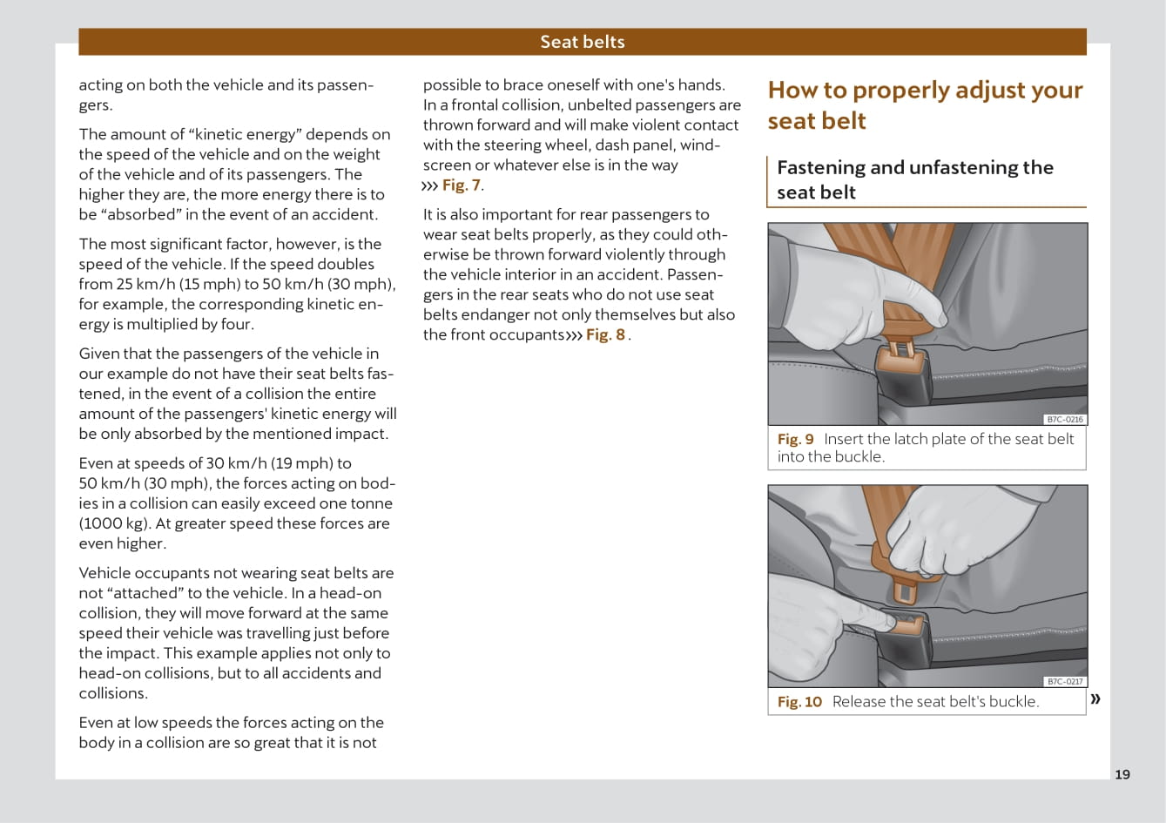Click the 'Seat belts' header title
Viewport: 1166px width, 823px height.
point(582,42)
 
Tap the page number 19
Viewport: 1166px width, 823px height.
point(1122,774)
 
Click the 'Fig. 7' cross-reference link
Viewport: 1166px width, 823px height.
point(462,185)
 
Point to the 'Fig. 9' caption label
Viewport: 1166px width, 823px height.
point(795,439)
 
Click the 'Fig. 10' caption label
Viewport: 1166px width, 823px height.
point(799,701)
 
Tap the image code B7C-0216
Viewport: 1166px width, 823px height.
point(1065,419)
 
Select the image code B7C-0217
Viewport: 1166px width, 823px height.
point(1065,681)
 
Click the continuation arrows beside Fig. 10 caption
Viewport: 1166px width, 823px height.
point(1095,698)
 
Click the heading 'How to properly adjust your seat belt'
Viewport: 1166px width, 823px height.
point(925,105)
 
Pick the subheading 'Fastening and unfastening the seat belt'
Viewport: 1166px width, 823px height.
point(914,179)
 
